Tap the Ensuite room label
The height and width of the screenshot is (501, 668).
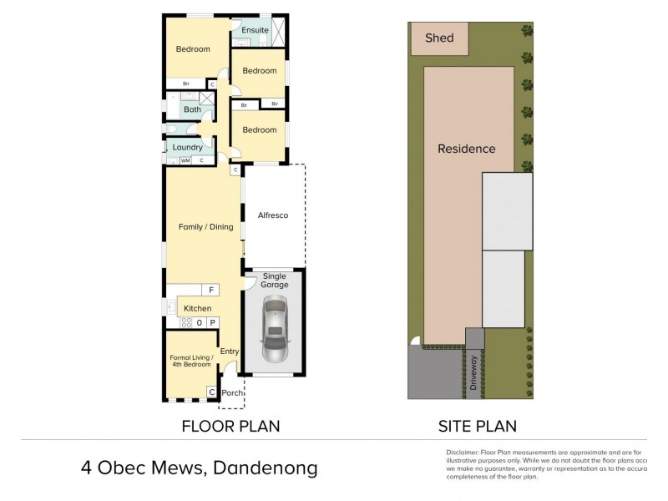tap(255, 30)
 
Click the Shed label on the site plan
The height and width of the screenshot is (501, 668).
tap(439, 38)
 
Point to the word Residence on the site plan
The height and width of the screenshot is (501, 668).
tap(467, 149)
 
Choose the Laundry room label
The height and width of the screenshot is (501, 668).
tap(188, 148)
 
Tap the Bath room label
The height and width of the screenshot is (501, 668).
tap(192, 109)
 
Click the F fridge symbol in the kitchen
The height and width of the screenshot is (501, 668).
tap(212, 291)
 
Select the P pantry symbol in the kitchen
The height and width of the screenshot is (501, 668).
tap(212, 322)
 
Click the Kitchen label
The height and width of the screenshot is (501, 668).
tap(198, 308)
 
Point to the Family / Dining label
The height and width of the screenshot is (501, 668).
tap(205, 226)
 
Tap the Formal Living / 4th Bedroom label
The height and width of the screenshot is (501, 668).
tap(192, 361)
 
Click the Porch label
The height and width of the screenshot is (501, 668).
tap(231, 392)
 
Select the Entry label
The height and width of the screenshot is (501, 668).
tap(230, 352)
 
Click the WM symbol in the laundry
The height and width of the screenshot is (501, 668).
tap(185, 159)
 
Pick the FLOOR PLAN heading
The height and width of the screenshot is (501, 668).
tap(230, 426)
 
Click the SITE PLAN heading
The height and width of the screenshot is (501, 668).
tap(477, 426)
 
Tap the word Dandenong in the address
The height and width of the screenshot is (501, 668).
tap(266, 468)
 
